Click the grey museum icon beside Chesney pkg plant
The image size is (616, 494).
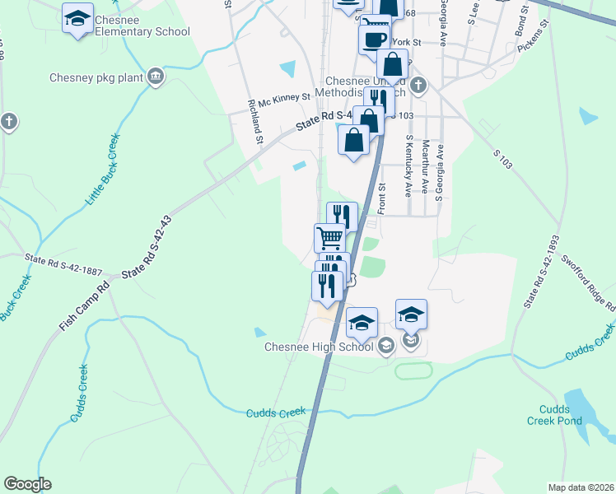155,78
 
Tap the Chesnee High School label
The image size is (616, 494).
319,347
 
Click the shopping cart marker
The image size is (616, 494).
329,238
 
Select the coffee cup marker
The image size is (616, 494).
375,39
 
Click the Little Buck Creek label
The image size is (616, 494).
103,170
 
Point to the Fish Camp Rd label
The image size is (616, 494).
84,308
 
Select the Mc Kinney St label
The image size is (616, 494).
283,97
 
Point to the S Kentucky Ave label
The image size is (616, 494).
408,167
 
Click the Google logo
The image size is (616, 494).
28,483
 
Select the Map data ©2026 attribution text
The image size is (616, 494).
581,487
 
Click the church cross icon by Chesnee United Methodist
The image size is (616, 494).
418,84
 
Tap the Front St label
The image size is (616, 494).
381,198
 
